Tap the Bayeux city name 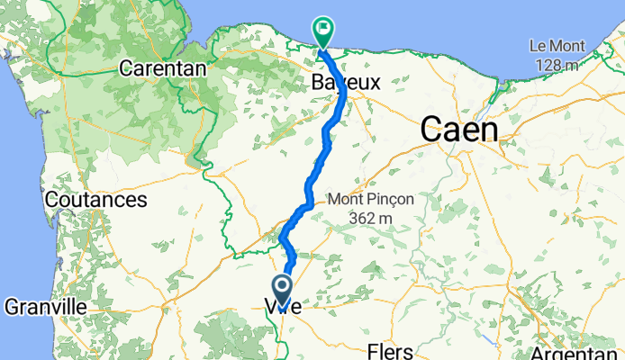346,82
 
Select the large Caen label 459,130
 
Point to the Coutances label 96,198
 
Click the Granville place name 45,307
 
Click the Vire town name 283,308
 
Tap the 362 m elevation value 372,218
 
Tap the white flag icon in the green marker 322,28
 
